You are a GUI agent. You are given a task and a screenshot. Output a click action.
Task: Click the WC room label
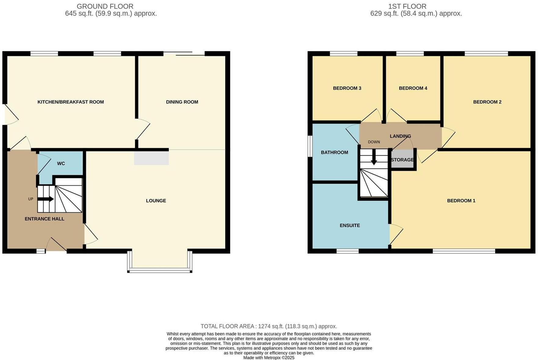61,164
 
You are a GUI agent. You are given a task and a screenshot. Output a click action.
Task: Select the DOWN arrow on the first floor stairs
374,159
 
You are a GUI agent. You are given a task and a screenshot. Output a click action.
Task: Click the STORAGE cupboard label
402,160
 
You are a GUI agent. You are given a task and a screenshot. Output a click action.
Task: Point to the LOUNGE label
156,201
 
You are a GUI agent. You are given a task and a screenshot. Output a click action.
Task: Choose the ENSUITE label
350,225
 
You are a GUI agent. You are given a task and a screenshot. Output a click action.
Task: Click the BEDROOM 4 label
413,88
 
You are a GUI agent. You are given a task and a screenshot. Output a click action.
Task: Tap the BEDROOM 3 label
347,88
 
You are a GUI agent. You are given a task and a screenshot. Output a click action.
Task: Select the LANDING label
400,136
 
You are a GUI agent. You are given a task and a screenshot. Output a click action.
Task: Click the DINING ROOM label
182,102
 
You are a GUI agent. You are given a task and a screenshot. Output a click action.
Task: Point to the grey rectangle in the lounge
151,158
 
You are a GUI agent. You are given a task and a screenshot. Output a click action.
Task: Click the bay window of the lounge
160,270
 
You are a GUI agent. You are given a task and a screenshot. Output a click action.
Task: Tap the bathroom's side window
310,146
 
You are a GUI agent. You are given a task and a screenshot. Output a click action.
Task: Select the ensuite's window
347,251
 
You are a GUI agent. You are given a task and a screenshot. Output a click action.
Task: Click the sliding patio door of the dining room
184,54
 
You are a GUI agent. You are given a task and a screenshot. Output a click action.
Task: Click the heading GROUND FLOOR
105,6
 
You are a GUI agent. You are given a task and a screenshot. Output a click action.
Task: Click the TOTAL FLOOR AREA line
269,326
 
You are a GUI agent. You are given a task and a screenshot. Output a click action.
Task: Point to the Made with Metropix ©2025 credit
269,358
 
